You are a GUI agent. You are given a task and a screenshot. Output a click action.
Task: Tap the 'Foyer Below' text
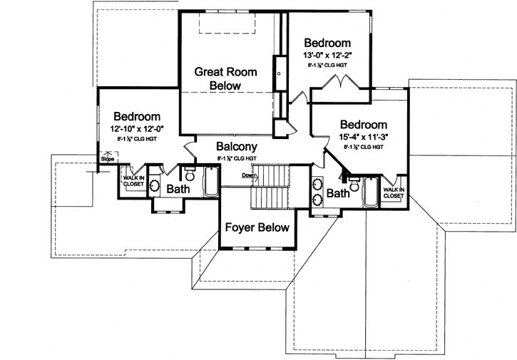[x=257, y=228]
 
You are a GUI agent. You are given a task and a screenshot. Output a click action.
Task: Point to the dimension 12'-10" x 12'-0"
[x=138, y=128]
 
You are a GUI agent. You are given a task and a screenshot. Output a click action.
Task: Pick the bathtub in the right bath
[x=371, y=190]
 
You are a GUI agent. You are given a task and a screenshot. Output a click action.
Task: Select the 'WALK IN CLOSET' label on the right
[x=393, y=192]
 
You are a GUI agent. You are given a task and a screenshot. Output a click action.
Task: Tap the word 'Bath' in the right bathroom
[x=337, y=192]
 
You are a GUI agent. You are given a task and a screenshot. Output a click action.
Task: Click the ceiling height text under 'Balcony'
[x=236, y=158]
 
